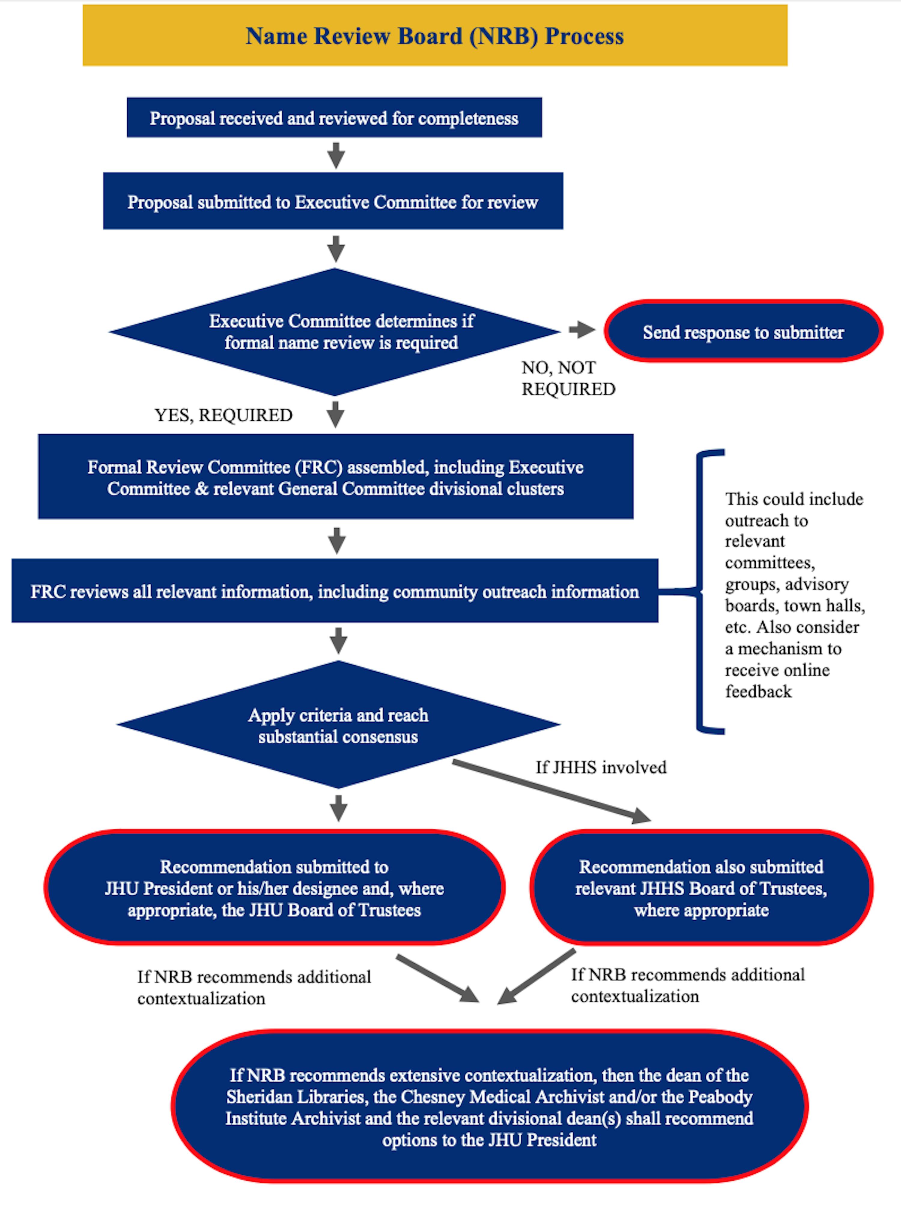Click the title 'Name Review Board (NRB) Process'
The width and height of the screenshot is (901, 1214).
[x=435, y=36]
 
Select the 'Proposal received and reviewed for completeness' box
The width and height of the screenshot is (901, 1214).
[x=334, y=118]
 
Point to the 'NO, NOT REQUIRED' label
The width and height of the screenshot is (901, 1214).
[x=568, y=378]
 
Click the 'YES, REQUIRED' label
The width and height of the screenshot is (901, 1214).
[x=224, y=415]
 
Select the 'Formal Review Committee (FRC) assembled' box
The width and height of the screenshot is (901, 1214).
[x=335, y=477]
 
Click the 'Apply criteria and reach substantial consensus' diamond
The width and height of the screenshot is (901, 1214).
[x=338, y=725]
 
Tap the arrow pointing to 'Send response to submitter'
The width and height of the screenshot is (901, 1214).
[x=581, y=330]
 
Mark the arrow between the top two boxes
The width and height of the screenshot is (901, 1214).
[x=336, y=155]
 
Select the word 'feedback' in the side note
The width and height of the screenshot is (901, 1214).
[x=758, y=692]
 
